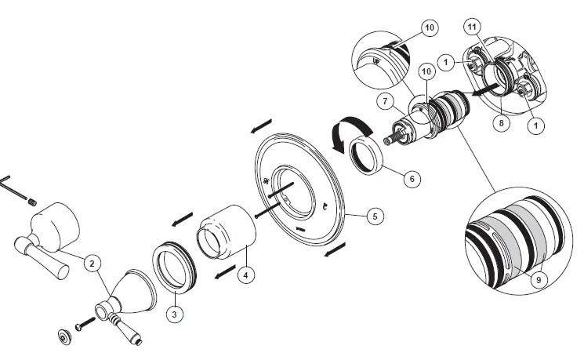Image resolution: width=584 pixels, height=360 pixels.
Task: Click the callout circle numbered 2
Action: (x=93, y=264)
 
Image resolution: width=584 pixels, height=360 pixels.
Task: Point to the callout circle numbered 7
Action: (x=385, y=100)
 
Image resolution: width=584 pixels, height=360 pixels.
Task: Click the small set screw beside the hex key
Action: (x=34, y=202)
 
